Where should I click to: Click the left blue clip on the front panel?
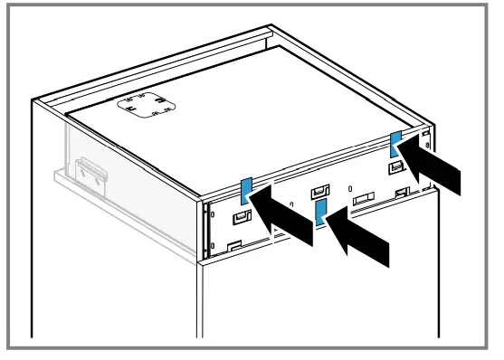tap(245, 191)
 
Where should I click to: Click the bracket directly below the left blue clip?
tap(242, 216)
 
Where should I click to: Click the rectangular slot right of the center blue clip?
tap(362, 198)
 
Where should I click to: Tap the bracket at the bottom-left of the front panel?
tap(233, 243)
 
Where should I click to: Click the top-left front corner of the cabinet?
tap(35, 101)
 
